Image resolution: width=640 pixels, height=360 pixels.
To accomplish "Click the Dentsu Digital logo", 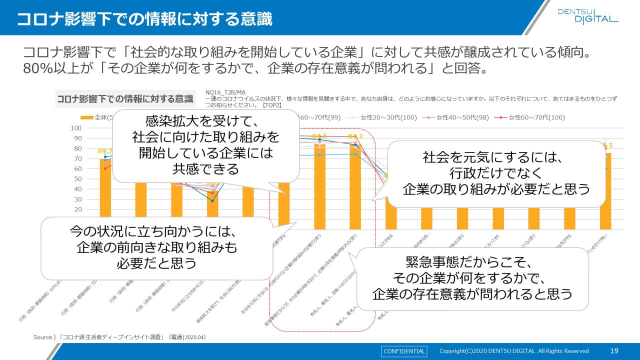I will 588,15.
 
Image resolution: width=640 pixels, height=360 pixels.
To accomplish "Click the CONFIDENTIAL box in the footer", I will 404,351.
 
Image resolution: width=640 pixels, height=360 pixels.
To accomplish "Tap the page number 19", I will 614,351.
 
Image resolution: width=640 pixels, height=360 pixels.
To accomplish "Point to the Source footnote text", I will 119,337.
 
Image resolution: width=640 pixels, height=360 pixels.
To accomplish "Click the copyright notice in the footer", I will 514,351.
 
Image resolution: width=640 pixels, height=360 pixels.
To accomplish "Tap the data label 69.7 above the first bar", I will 105,151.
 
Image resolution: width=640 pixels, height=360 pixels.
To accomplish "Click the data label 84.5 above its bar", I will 320,136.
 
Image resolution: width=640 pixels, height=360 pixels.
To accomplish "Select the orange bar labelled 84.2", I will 355,190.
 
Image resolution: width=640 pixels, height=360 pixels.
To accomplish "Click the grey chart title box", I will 125,99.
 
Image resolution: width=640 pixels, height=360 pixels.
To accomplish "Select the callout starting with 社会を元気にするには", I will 496,173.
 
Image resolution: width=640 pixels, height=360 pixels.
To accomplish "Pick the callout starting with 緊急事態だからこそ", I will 471,278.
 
